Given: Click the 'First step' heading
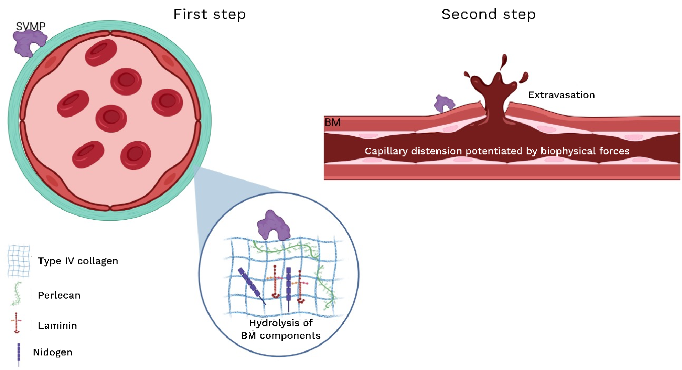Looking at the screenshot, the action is (210, 14).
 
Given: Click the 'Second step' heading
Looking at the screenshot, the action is (489, 14).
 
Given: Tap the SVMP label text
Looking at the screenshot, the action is (31, 26).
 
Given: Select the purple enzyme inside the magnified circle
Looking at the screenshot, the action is (273, 225).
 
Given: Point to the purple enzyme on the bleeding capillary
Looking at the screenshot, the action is (444, 104).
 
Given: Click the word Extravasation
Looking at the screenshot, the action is (561, 95).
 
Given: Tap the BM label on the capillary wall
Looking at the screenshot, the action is (333, 123).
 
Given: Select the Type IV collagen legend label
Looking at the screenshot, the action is (78, 261).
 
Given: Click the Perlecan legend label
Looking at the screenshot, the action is (59, 295).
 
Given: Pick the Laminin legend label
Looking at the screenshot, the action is (57, 325).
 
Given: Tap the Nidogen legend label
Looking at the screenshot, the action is (53, 352).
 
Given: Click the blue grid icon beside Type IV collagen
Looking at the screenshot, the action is (19, 261).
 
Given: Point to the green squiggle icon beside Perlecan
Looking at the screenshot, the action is (17, 294).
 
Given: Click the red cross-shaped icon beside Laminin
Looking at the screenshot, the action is (17, 323).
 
